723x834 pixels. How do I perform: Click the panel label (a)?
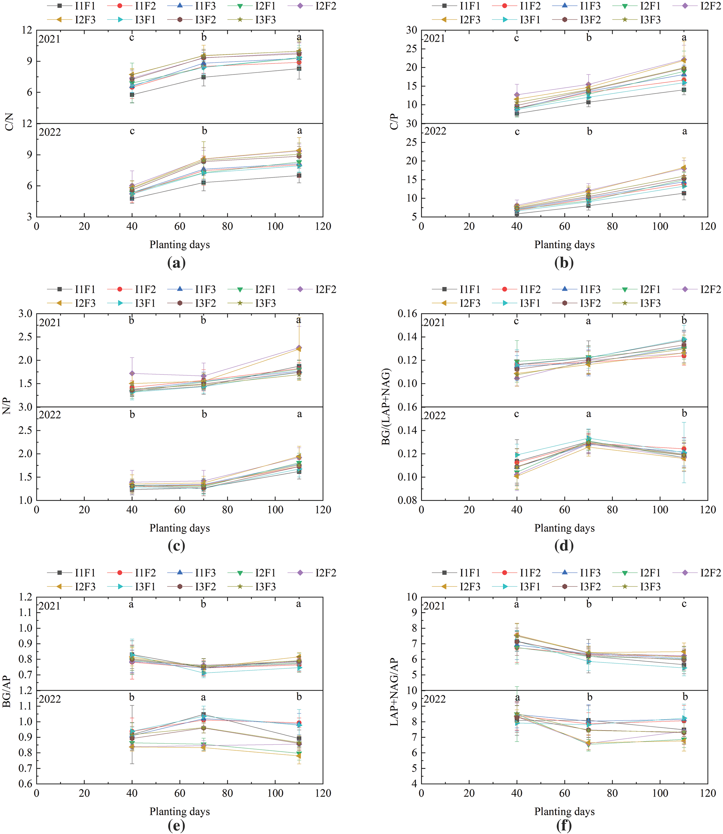tap(176, 263)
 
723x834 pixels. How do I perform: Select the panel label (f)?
tap(564, 825)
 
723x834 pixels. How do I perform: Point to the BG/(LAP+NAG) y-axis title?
tap(386, 406)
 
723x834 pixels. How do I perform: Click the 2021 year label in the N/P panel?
tap(50, 323)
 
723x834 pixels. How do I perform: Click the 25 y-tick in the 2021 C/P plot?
tap(412, 49)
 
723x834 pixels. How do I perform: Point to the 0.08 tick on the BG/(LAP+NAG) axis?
tap(406, 500)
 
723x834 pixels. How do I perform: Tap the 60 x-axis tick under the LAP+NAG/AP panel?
tap(565, 793)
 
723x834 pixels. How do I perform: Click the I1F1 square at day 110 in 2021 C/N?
tap(299, 68)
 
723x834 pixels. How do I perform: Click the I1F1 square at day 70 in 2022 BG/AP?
tap(203, 715)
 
